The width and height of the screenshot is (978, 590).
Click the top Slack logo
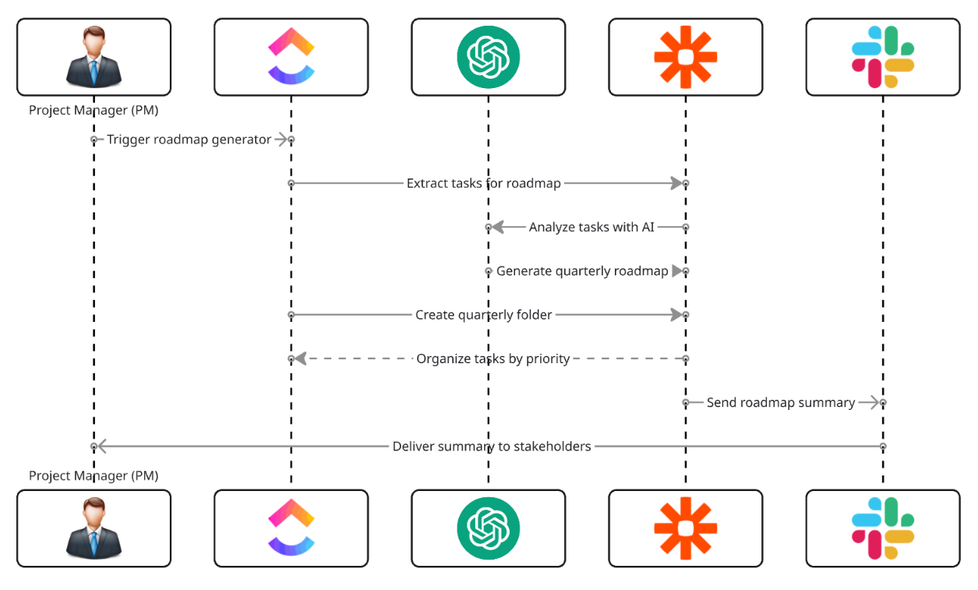tap(882, 57)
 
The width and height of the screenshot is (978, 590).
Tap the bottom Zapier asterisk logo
tap(685, 528)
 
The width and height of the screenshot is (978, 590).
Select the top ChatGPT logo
tap(488, 57)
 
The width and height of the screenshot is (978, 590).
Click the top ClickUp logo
tap(291, 57)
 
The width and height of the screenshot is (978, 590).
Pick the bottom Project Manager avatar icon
tap(94, 528)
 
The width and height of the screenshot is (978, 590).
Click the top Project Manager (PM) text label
tap(94, 110)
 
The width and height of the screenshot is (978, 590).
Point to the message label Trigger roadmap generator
tap(189, 140)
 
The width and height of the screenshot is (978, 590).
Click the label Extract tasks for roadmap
tap(483, 183)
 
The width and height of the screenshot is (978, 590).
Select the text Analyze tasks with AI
tap(591, 227)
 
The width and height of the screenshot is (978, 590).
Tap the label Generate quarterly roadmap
tap(582, 271)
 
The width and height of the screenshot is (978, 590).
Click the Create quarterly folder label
tap(483, 315)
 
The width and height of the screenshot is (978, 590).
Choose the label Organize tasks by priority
tap(493, 359)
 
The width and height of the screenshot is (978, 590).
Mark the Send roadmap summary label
tap(780, 403)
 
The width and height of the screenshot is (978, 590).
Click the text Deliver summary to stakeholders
tap(491, 447)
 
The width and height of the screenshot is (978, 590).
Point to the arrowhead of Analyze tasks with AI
tap(497, 227)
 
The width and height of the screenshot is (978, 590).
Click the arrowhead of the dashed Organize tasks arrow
tap(300, 359)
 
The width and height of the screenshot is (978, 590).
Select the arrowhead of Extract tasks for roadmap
tap(676, 183)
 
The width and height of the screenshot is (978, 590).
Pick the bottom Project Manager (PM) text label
tap(94, 475)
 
